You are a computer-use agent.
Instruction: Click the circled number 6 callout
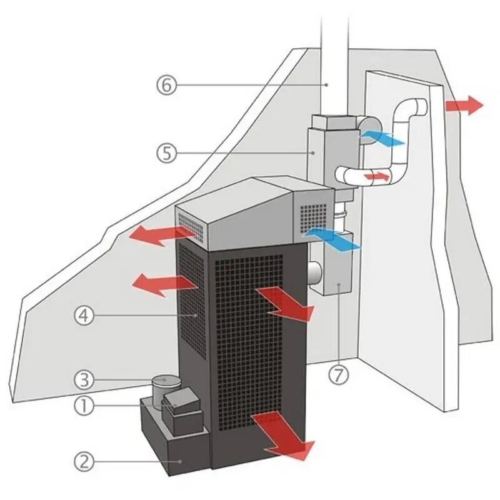[166, 85]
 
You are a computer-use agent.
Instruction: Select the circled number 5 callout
[166, 153]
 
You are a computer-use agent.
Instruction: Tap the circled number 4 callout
[84, 316]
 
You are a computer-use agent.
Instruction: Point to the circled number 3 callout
[84, 379]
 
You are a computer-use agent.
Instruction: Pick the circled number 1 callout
[84, 406]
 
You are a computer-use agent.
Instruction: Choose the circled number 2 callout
[84, 462]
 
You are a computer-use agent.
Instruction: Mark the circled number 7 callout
[338, 376]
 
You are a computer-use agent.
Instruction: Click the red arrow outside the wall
[464, 105]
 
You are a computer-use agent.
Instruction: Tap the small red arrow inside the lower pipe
[377, 177]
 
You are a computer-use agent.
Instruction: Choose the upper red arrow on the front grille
[284, 303]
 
